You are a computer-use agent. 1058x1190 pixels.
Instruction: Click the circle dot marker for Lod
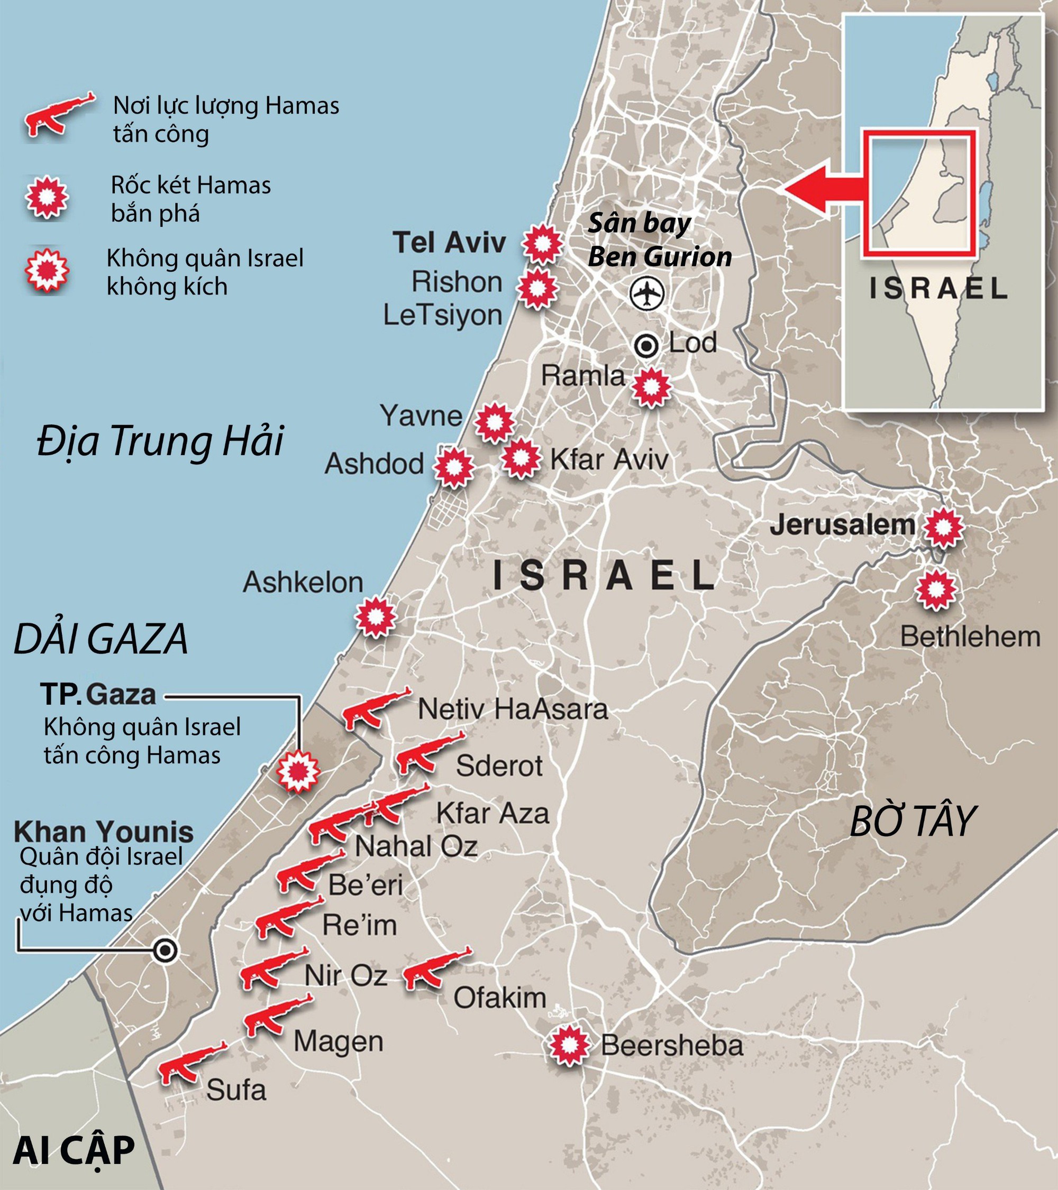click(x=646, y=347)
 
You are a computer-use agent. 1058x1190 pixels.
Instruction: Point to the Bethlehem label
click(x=970, y=637)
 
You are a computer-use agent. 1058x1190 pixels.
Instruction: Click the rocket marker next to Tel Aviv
click(x=542, y=244)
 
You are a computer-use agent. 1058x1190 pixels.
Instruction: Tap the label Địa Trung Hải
click(x=160, y=441)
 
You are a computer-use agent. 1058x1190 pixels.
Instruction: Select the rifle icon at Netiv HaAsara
click(x=373, y=708)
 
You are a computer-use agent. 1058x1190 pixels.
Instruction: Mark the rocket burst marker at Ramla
click(x=651, y=386)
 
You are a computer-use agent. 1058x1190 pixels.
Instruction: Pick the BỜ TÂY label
click(x=912, y=822)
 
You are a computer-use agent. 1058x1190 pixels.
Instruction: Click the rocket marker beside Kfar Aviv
click(x=522, y=458)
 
